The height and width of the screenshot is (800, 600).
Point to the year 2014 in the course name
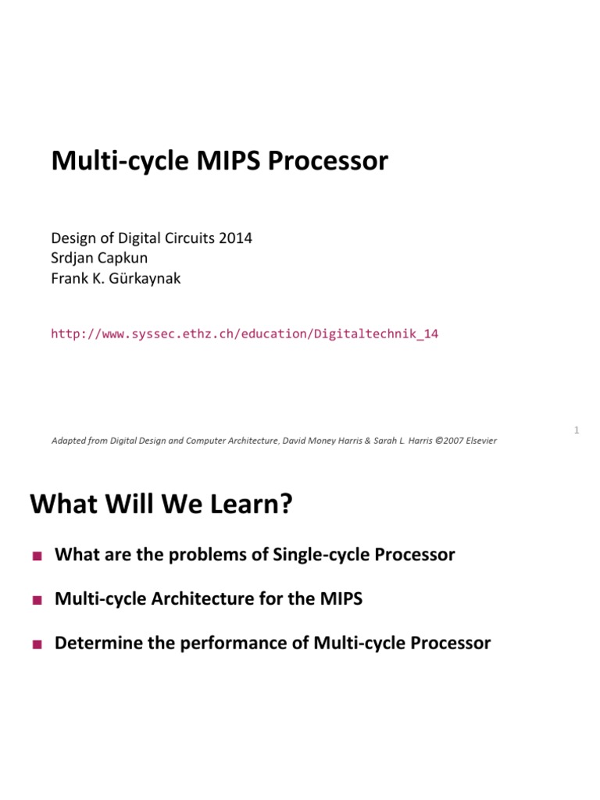[236, 237]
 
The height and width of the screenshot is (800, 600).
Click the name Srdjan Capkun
[100, 258]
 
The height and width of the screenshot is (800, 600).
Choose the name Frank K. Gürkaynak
[116, 278]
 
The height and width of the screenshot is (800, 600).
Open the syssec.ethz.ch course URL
[245, 334]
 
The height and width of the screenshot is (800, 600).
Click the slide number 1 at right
[576, 430]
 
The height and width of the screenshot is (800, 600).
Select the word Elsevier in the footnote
[477, 441]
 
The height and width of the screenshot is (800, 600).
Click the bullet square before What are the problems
[35, 556]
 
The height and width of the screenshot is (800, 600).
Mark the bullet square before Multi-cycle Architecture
[35, 601]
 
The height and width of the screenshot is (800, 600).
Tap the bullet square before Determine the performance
[35, 645]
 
